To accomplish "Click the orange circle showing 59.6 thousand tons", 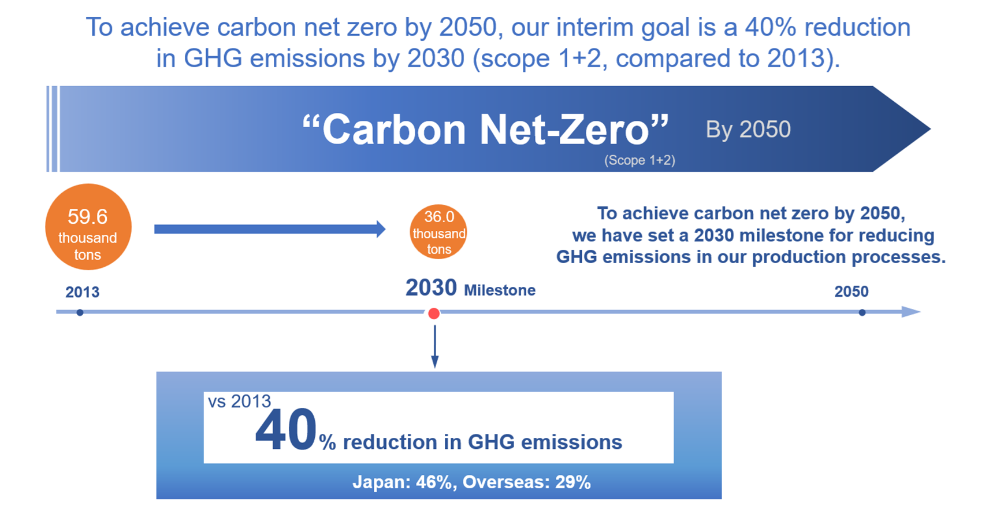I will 88,227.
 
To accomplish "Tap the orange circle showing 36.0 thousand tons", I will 438,232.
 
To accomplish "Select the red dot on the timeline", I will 434,313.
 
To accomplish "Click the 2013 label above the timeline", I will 82,292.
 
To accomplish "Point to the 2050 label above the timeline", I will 851,292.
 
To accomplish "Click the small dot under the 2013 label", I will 80,312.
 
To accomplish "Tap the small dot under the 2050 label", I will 862,312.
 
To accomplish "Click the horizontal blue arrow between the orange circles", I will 269,229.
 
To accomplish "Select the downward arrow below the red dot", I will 434,347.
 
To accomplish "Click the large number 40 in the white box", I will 286,431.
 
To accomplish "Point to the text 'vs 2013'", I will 239,401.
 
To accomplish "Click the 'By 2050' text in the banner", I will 748,130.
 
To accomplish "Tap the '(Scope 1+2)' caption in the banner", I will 639,160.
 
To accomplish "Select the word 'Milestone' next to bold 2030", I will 500,290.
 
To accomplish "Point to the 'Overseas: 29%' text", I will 526,482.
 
